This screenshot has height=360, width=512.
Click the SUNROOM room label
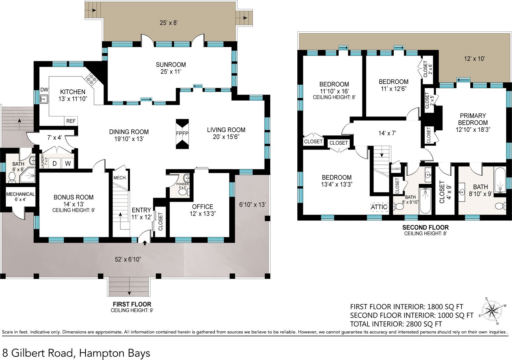(x=171, y=65)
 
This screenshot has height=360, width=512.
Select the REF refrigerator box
(x=71, y=121)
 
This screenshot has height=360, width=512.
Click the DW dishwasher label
(x=44, y=90)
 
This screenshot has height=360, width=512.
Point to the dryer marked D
(x=55, y=163)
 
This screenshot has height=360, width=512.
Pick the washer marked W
(x=68, y=163)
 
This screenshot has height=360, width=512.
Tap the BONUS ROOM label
(x=74, y=197)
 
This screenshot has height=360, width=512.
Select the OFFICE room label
(x=202, y=207)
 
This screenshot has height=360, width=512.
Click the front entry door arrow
(x=145, y=243)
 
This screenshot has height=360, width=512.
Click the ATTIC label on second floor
(x=379, y=207)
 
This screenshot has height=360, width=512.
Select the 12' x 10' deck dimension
(x=475, y=59)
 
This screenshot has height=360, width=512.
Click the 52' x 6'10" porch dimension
(x=128, y=259)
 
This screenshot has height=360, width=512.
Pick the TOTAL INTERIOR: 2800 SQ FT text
(x=396, y=324)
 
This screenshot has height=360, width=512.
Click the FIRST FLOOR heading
(x=132, y=304)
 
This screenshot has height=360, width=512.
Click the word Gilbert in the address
(x=42, y=353)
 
